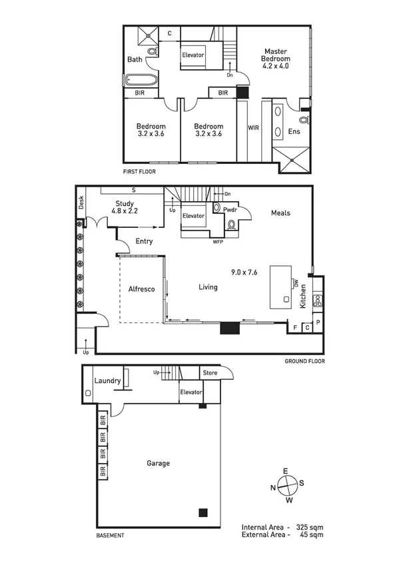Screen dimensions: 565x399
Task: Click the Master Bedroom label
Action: pos(275,58)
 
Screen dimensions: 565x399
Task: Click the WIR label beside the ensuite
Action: pos(253,127)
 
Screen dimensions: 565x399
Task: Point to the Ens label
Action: pos(294,132)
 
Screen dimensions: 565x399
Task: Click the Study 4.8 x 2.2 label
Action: pos(125,208)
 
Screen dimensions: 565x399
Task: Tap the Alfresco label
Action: pos(141,289)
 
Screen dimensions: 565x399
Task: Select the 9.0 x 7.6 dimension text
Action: pos(244,272)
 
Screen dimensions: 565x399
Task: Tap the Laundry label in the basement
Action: pos(107,381)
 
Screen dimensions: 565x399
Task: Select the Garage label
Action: pos(159,463)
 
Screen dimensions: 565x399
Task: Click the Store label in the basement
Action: pos(210,373)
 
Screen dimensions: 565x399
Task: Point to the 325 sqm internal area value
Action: pos(311,526)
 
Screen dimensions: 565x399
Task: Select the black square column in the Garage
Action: pos(203,512)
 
